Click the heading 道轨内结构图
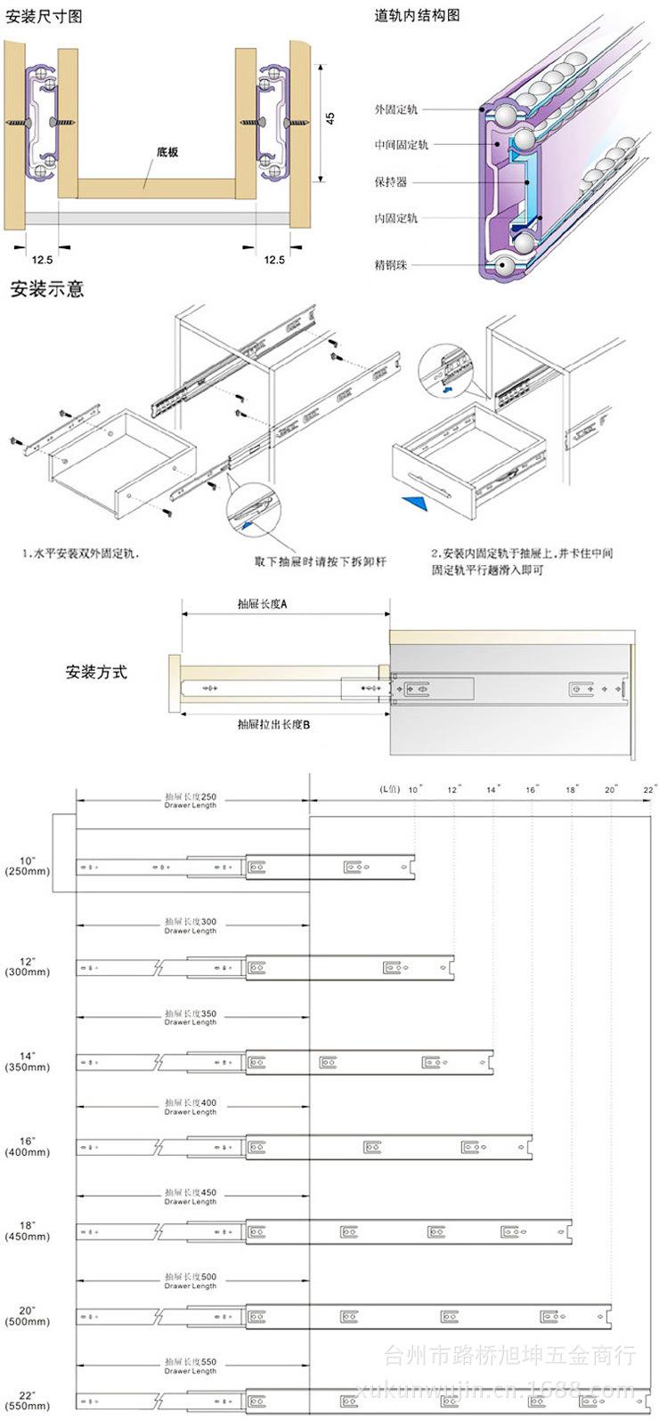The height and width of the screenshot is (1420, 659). pyautogui.click(x=417, y=16)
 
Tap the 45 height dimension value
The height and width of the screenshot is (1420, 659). pyautogui.click(x=330, y=118)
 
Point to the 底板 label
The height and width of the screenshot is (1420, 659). pyautogui.click(x=167, y=152)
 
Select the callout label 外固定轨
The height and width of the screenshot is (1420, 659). pyautogui.click(x=396, y=109)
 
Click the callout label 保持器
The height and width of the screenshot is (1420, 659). pyautogui.click(x=390, y=182)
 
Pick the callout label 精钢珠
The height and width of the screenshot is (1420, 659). pyautogui.click(x=390, y=265)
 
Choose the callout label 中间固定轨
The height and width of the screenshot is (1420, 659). pyautogui.click(x=402, y=144)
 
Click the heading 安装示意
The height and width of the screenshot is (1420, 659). pyautogui.click(x=46, y=290)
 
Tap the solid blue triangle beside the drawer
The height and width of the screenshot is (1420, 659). pyautogui.click(x=414, y=504)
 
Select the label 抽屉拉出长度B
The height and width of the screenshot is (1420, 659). pyautogui.click(x=273, y=724)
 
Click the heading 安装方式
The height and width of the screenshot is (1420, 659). pyautogui.click(x=96, y=672)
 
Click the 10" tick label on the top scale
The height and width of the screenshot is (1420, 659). pyautogui.click(x=415, y=789)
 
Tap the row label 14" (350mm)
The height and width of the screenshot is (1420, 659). pyautogui.click(x=28, y=1061)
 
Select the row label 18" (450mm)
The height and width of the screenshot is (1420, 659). pyautogui.click(x=28, y=1230)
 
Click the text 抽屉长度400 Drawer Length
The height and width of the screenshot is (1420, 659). pyautogui.click(x=191, y=1107)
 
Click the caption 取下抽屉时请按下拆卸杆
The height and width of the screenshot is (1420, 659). pyautogui.click(x=320, y=563)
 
